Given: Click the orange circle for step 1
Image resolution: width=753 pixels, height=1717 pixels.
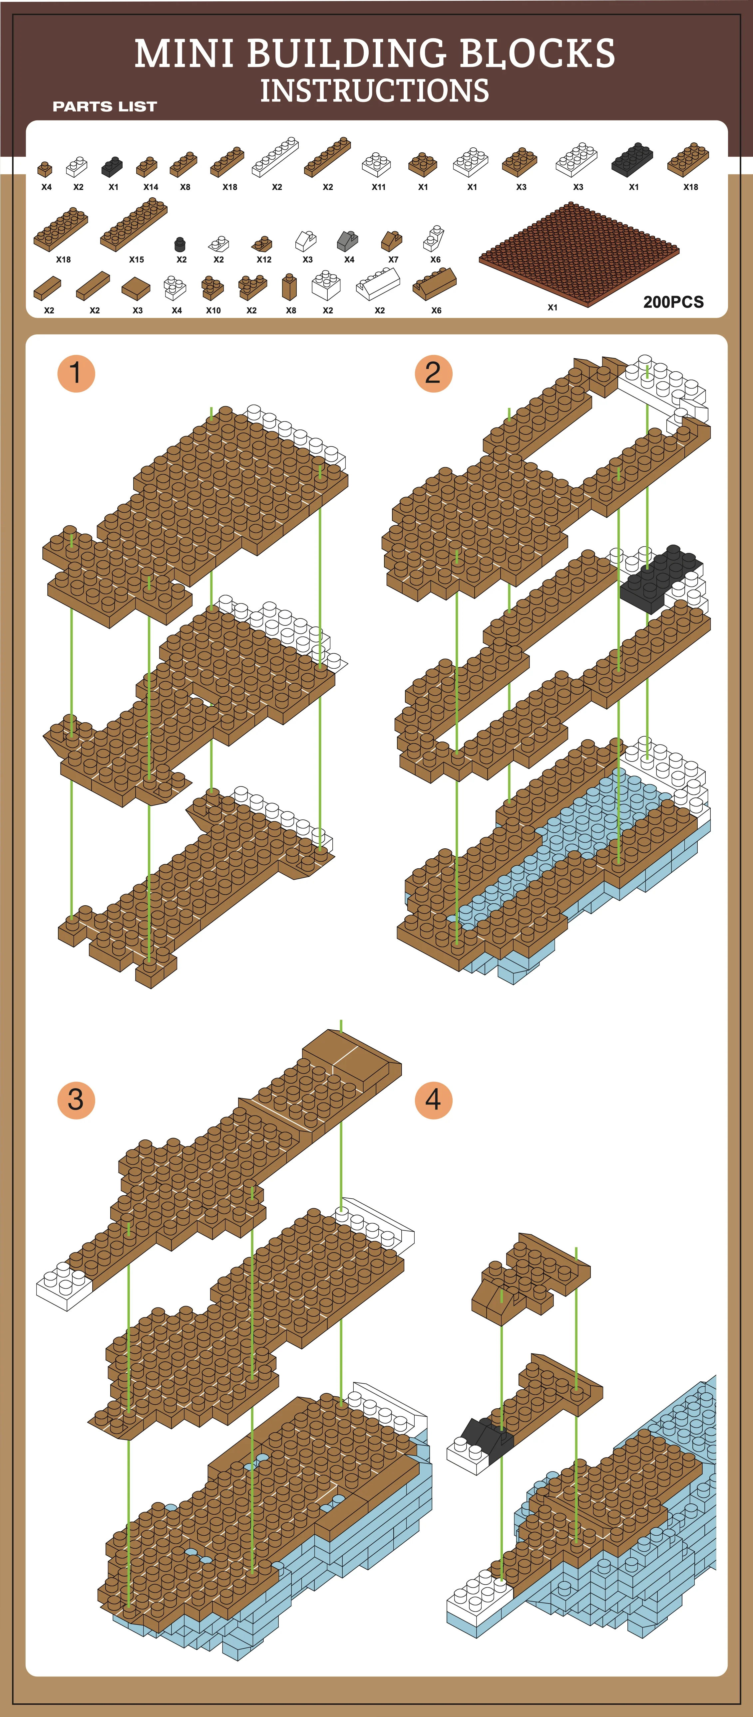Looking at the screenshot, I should [76, 373].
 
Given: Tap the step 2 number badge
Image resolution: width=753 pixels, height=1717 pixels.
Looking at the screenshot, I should [434, 373].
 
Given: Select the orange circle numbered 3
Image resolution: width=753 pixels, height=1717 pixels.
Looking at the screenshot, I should [76, 1100].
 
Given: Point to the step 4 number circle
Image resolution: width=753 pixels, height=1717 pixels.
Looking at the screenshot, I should [434, 1100].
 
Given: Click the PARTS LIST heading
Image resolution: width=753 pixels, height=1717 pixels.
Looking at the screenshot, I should [105, 107].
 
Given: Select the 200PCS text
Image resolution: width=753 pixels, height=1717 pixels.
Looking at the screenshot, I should [673, 302].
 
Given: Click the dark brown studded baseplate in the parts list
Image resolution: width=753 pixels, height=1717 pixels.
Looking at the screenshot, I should [579, 253].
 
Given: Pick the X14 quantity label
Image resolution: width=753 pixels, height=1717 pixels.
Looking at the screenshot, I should [151, 187].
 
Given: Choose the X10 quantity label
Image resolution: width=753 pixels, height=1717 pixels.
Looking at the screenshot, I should [213, 311].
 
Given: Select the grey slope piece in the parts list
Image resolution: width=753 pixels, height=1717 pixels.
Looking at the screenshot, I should [347, 240].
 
